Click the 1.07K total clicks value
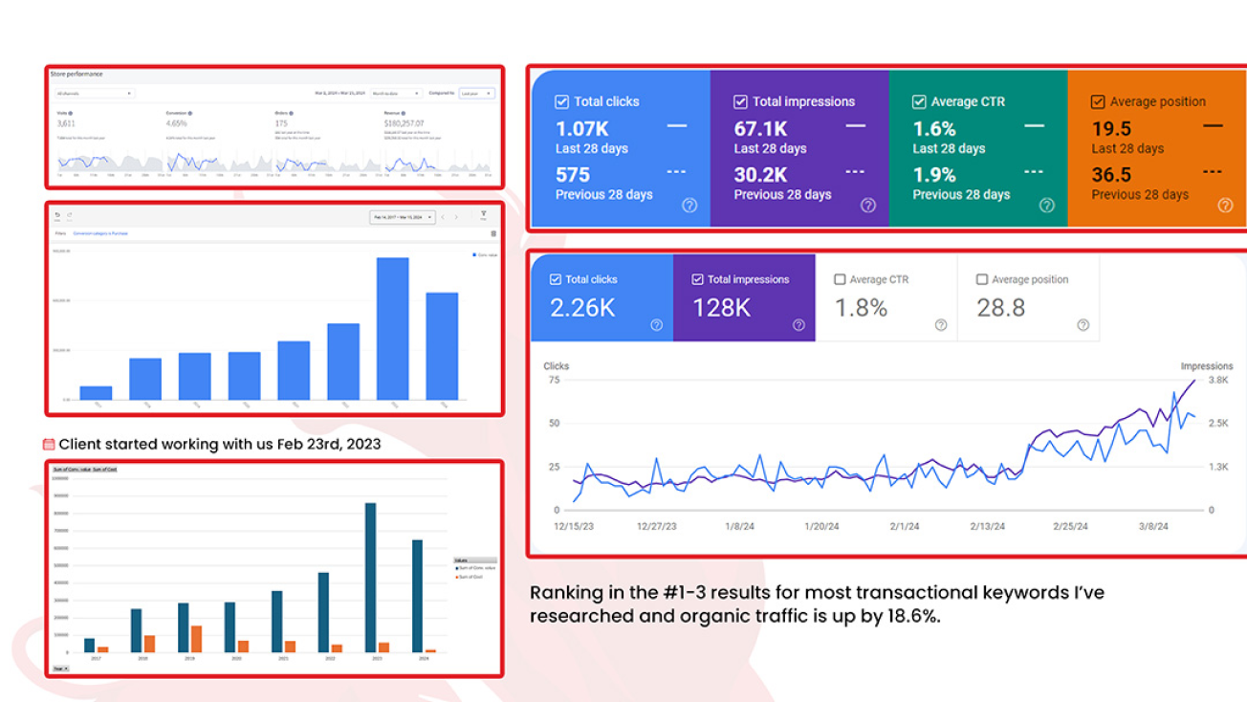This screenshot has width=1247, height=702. pyautogui.click(x=581, y=129)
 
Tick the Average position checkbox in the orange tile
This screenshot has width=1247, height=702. pyautogui.click(x=1098, y=101)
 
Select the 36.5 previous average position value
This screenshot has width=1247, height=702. pyautogui.click(x=1111, y=175)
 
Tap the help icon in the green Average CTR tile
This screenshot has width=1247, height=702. pyautogui.click(x=1046, y=205)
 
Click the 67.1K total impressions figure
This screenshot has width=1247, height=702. pyautogui.click(x=760, y=129)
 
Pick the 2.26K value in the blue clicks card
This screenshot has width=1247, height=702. pyautogui.click(x=582, y=308)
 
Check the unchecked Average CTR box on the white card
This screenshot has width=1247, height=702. pyautogui.click(x=840, y=279)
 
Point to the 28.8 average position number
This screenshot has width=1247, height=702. pyautogui.click(x=1000, y=308)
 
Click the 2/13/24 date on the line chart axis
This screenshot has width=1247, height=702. pyautogui.click(x=988, y=527)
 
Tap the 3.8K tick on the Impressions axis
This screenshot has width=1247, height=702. pyautogui.click(x=1218, y=380)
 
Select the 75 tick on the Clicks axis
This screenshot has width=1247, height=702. pyautogui.click(x=554, y=380)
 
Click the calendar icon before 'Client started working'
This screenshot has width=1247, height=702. pyautogui.click(x=49, y=444)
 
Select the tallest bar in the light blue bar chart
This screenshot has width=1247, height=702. pyautogui.click(x=392, y=328)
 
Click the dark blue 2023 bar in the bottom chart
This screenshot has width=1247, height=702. pyautogui.click(x=370, y=578)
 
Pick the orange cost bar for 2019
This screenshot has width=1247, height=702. pyautogui.click(x=195, y=639)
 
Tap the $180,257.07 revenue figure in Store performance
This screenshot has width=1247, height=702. pyautogui.click(x=404, y=123)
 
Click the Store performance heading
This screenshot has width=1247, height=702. pyautogui.click(x=77, y=75)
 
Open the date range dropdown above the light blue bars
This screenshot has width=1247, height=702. pyautogui.click(x=402, y=217)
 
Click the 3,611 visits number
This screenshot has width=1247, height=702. pyautogui.click(x=66, y=123)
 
